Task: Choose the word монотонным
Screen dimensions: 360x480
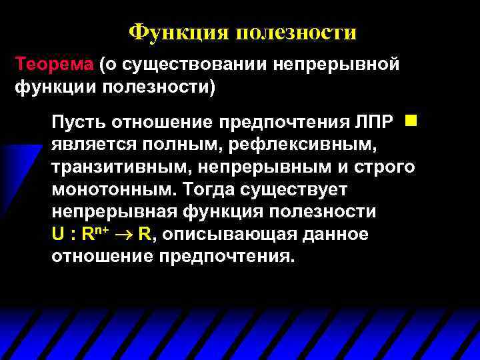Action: [x=107, y=189]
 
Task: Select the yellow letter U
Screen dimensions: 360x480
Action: [x=57, y=234]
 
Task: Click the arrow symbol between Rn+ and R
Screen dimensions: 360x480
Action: [x=123, y=235]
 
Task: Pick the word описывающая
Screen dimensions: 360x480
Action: [x=223, y=234]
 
